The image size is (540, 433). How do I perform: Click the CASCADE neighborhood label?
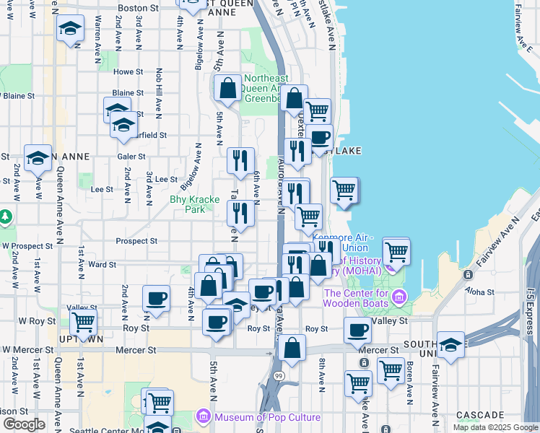481,415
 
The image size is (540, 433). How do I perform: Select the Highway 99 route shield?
279,377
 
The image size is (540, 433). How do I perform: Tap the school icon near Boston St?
70,29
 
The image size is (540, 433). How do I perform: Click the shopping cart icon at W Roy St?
84,321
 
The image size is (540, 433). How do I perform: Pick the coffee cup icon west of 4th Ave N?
156,297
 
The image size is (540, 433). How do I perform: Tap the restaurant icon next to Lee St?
240,159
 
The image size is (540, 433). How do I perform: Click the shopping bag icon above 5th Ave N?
228,88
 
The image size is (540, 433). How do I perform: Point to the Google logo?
23,424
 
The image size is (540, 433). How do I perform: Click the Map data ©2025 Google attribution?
495,427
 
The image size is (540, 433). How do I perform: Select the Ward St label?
102,265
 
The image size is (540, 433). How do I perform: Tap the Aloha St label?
479,292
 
